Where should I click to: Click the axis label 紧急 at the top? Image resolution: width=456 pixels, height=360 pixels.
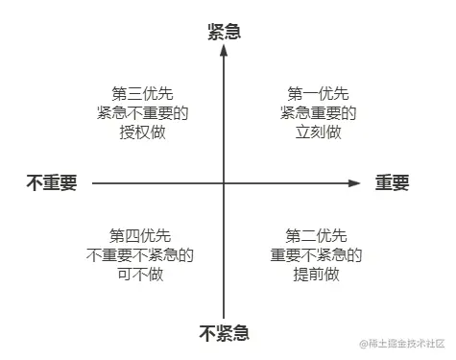pyautogui.click(x=224, y=31)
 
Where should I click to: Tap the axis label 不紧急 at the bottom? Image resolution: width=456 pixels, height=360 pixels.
pyautogui.click(x=224, y=334)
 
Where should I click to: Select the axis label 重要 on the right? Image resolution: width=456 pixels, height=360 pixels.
pyautogui.click(x=392, y=182)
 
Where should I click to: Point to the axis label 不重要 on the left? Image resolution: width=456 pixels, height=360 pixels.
pyautogui.click(x=52, y=182)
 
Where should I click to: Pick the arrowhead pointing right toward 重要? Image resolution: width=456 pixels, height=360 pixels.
pyautogui.click(x=354, y=182)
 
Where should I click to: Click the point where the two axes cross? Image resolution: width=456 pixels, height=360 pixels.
pyautogui.click(x=224, y=182)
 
